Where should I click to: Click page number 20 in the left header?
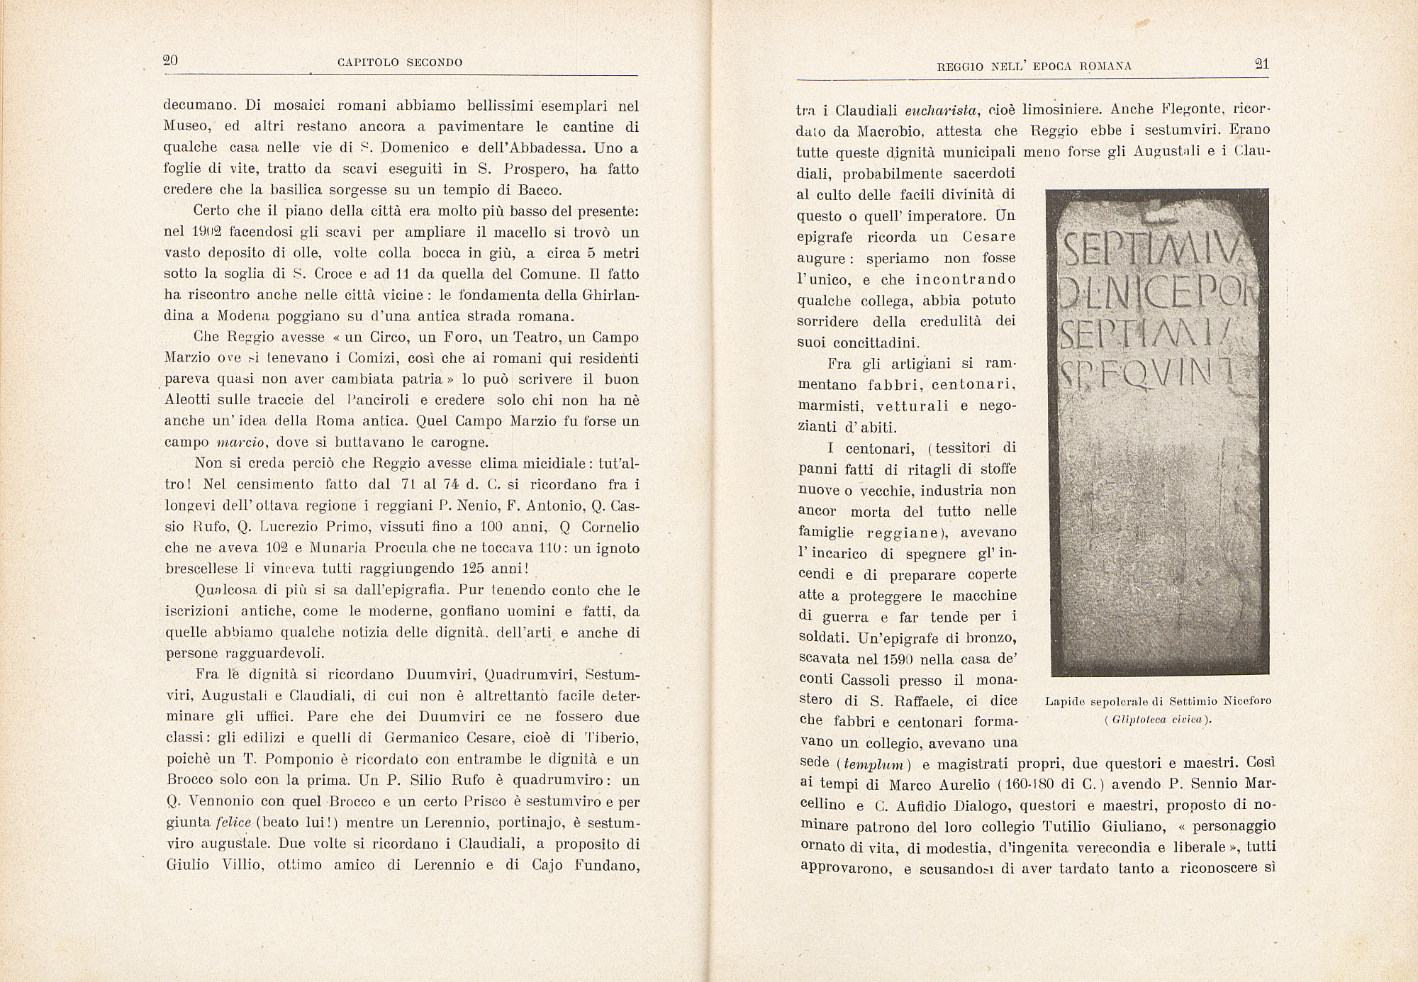[x=170, y=61]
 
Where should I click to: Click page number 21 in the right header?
[x=1261, y=65]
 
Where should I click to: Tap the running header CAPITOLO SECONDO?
[x=400, y=62]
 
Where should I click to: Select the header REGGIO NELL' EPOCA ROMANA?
[x=1034, y=67]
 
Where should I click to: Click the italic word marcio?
[x=241, y=442]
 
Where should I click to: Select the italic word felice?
[x=235, y=823]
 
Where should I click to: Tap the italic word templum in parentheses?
[x=869, y=764]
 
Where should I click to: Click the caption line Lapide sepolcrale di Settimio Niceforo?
[x=1158, y=701]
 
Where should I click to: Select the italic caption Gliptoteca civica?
[x=1157, y=720]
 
